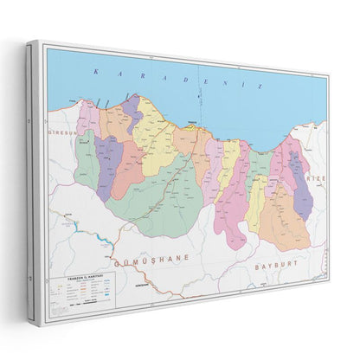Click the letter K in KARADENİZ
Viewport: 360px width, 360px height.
pos(96,70)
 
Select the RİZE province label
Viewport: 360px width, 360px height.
pos(316,175)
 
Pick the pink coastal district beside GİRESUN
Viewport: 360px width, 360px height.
pos(87,116)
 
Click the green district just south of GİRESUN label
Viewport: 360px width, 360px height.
pos(85,160)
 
